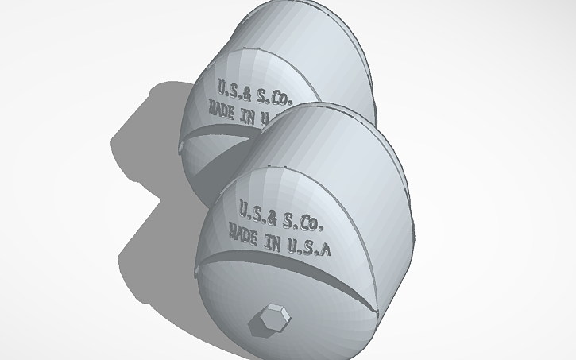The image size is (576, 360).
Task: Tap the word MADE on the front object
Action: [x=245, y=233]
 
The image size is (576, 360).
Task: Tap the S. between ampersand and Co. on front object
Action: [x=292, y=217]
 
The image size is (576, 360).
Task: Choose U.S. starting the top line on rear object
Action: [x=226, y=87]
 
